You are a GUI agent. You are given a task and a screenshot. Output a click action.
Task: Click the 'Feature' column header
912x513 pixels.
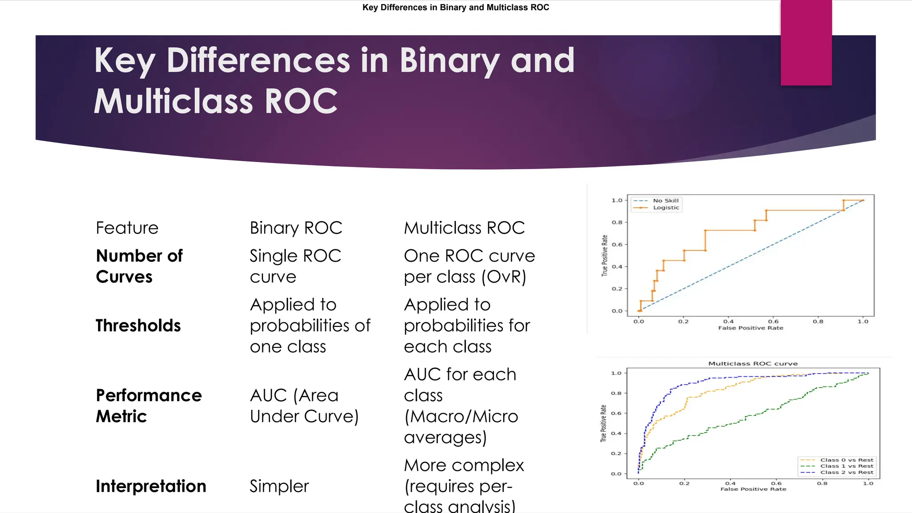click(127, 228)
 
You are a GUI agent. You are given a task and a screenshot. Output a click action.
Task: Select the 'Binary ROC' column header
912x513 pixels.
click(296, 228)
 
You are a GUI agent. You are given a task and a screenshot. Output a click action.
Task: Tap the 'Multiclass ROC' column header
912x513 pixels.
click(464, 228)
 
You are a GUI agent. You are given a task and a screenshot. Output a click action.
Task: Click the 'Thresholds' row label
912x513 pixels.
click(138, 326)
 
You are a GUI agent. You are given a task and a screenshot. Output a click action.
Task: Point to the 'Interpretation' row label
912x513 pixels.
click(151, 486)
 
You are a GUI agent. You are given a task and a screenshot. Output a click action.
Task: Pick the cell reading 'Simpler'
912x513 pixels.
click(279, 486)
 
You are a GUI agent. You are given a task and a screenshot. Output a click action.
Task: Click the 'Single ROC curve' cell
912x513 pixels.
click(295, 266)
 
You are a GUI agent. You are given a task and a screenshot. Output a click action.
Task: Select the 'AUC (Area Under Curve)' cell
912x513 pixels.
click(304, 406)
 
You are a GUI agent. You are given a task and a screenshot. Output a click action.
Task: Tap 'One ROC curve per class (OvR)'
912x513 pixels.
click(469, 266)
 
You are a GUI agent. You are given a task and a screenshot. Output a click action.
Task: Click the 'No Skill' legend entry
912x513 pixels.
click(666, 201)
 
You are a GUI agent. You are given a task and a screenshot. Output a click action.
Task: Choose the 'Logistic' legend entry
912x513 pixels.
click(666, 208)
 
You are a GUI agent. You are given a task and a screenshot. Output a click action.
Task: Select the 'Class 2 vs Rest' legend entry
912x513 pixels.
click(847, 472)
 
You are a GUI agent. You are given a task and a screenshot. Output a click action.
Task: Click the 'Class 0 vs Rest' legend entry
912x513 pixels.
click(847, 460)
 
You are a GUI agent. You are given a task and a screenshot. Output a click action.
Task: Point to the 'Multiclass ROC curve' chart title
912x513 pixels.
click(753, 363)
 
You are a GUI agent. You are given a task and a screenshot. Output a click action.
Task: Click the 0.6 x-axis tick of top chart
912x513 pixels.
click(774, 322)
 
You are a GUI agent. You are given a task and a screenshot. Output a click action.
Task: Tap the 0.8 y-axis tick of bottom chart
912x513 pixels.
click(616, 393)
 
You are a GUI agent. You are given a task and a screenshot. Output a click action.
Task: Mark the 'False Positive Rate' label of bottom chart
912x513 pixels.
click(753, 489)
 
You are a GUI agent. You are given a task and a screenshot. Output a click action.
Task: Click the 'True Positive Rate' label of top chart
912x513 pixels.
click(604, 256)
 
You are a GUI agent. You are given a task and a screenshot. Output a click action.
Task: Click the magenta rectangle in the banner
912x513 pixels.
click(806, 43)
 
